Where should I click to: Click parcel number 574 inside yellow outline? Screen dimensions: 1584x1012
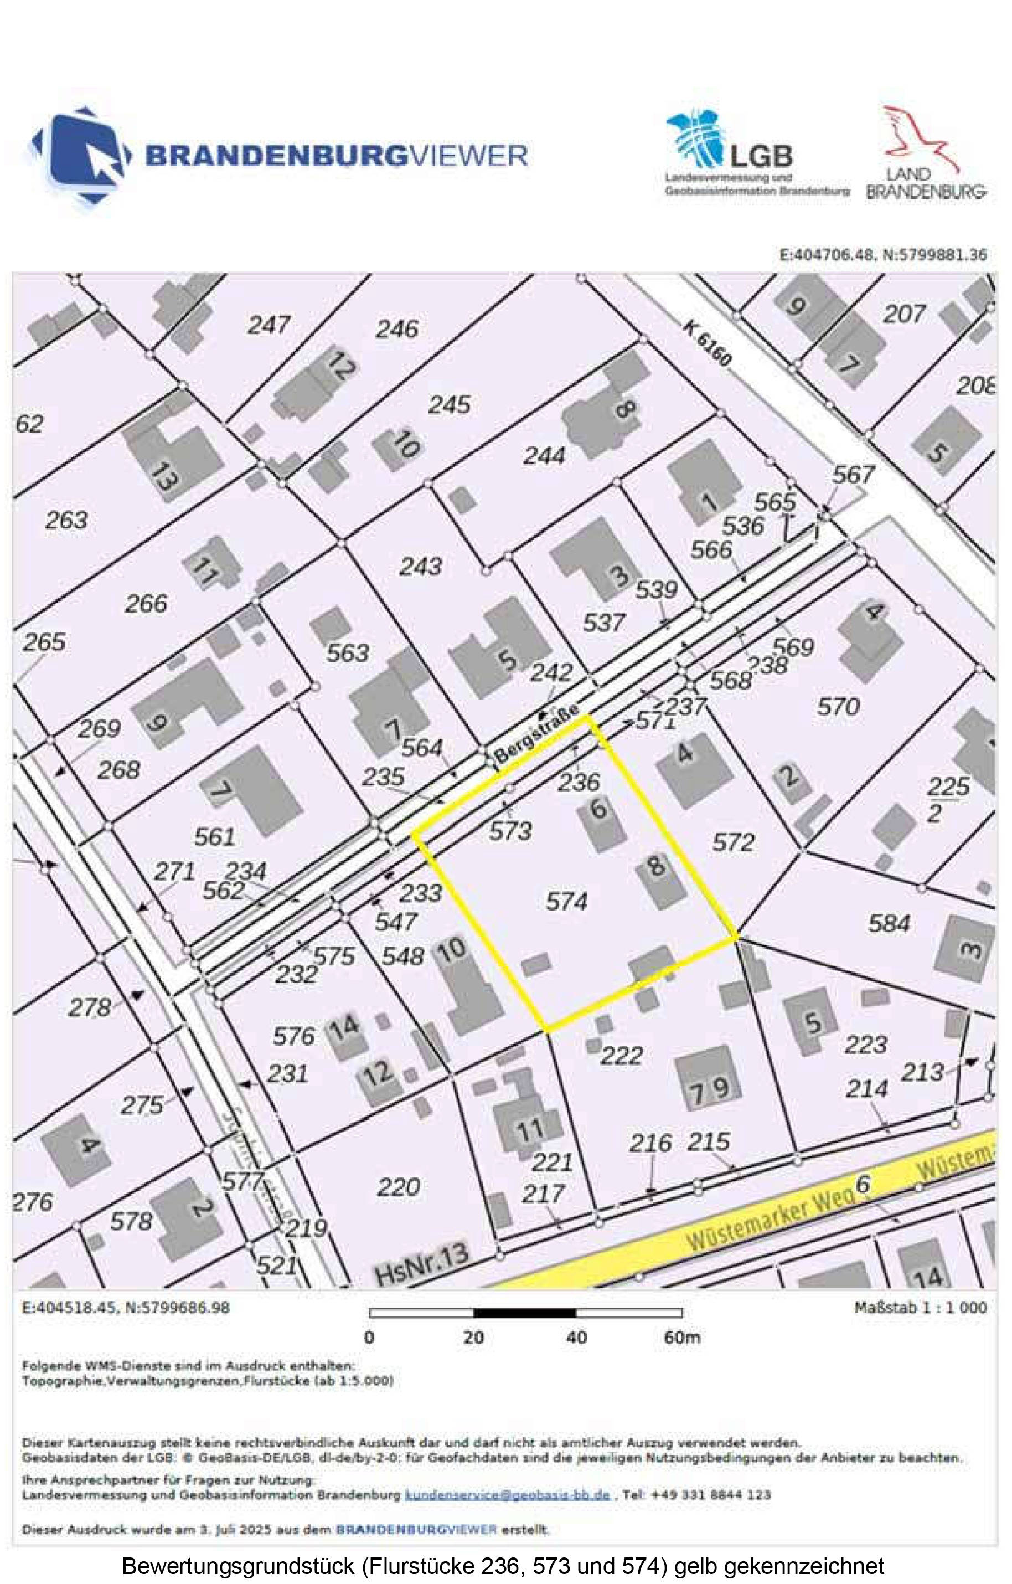click(x=566, y=901)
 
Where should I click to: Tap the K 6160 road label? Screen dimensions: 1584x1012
click(x=707, y=343)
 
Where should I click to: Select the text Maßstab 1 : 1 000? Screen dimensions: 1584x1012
click(x=920, y=1307)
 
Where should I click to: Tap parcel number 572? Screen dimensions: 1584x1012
click(x=733, y=842)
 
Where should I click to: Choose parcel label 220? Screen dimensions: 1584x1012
click(x=399, y=1187)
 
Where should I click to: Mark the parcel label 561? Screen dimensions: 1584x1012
click(x=214, y=837)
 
